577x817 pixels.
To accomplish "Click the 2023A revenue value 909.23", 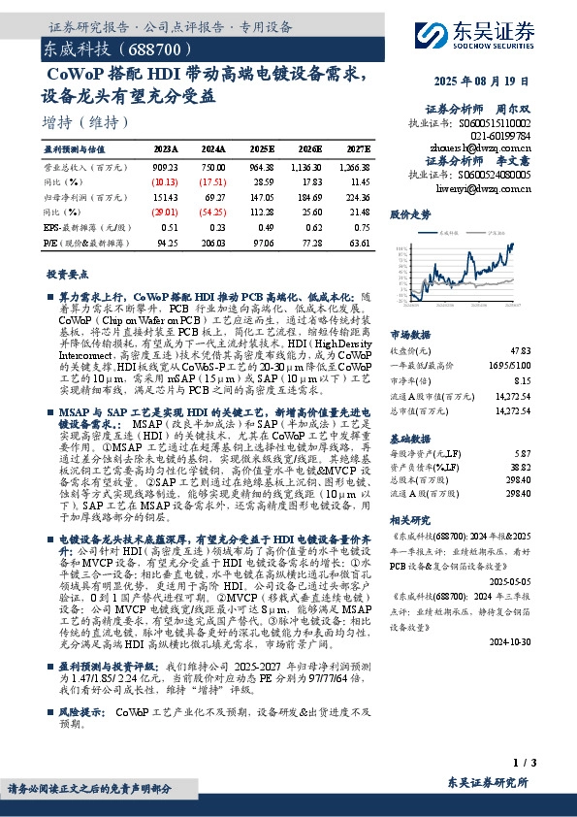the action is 166,167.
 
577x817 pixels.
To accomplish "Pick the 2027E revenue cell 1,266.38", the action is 355,167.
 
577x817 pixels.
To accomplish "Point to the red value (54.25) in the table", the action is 213,212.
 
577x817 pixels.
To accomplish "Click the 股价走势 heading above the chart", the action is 408,212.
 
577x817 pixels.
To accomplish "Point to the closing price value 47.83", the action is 520,349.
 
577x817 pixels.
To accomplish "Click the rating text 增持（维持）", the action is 86,122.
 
